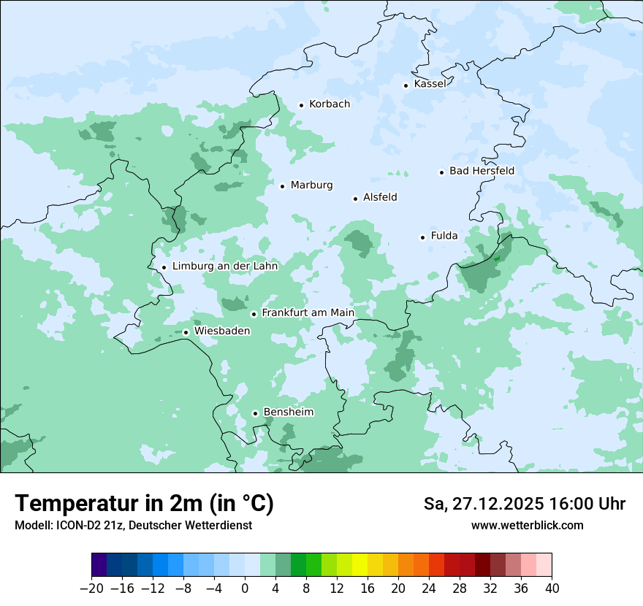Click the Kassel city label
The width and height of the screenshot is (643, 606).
(430, 84)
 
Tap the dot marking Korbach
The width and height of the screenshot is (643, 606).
(301, 105)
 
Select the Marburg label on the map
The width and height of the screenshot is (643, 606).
(311, 185)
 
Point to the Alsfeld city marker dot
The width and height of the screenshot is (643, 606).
(356, 199)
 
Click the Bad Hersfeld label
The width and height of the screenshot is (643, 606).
(482, 172)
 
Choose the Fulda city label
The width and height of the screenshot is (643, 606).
(444, 236)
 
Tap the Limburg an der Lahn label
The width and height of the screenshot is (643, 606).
(224, 266)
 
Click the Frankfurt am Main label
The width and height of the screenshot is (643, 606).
(308, 313)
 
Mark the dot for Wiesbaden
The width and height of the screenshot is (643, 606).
(186, 332)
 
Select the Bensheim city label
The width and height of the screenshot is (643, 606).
(288, 413)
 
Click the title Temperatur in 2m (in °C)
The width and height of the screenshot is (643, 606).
(145, 504)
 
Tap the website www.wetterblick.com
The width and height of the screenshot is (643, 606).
(527, 526)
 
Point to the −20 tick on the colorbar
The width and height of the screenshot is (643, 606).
(91, 588)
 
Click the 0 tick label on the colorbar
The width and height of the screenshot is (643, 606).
(245, 588)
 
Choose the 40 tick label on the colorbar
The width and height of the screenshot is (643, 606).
(552, 588)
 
